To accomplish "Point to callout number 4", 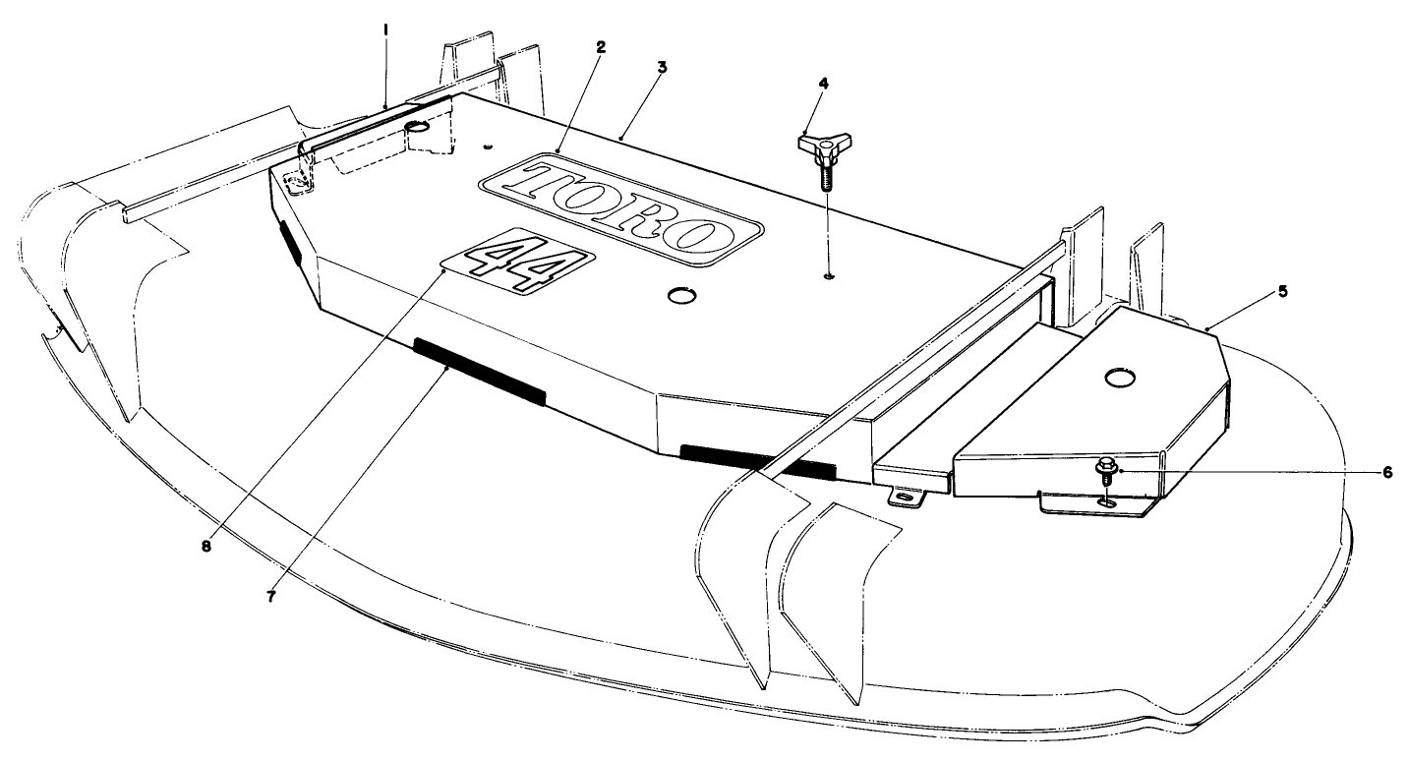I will click(824, 84).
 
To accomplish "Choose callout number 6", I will click(1387, 472).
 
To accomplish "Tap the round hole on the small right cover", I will click(1119, 377).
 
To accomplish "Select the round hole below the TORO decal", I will click(679, 295).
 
